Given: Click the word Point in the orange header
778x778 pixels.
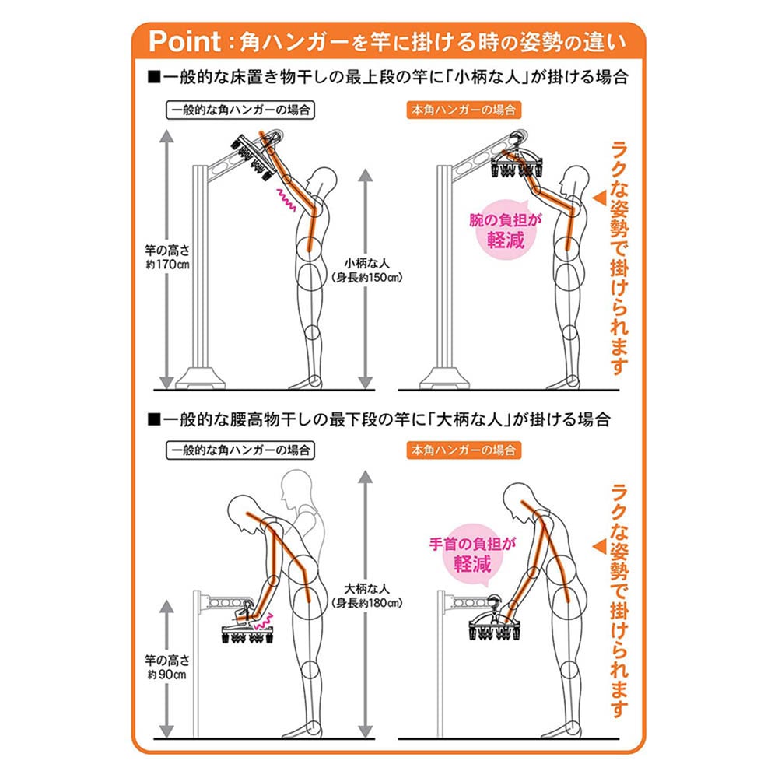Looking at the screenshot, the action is tap(184, 40).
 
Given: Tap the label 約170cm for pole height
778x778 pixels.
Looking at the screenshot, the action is tap(168, 265).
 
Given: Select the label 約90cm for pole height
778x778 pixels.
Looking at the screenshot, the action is tap(167, 675).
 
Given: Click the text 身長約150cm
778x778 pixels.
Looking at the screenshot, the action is tap(366, 278).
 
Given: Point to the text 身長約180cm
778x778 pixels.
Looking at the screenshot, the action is tap(366, 603).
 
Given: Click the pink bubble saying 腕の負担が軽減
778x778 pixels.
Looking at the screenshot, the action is tap(506, 230).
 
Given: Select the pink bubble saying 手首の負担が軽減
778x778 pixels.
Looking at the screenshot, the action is tap(472, 555).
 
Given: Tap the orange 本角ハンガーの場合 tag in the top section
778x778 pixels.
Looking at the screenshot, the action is tap(464, 110).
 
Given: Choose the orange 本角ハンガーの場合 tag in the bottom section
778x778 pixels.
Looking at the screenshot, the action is tap(464, 450).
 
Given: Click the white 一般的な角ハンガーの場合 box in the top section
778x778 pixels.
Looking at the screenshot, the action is tap(240, 110).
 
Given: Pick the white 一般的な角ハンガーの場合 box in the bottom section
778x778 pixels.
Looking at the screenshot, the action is tap(240, 450).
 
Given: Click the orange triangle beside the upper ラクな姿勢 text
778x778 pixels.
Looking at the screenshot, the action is tap(600, 198).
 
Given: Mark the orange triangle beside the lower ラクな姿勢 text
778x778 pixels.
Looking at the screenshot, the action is tap(600, 547).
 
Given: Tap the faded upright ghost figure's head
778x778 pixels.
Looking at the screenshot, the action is tap(296, 486).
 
